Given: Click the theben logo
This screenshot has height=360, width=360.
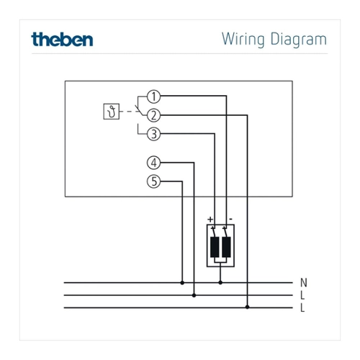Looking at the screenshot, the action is (62, 40).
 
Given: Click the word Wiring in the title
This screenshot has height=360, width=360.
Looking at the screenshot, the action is (243, 40).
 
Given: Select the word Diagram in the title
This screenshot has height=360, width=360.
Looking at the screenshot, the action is (299, 40).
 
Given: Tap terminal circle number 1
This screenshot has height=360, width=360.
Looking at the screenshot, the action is (153, 96).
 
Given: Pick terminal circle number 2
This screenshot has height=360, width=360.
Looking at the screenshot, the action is (153, 115).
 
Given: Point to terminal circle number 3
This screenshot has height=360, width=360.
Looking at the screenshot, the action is (153, 134).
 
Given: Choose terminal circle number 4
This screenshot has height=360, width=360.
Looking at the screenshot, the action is (153, 163).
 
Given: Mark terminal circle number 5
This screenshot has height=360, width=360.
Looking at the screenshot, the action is (153, 181).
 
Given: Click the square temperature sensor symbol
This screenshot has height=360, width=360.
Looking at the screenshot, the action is (112, 112).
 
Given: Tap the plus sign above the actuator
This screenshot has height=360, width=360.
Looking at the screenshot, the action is (210, 219).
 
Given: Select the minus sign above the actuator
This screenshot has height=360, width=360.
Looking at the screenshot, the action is (230, 219).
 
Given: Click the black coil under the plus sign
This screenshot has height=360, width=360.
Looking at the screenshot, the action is (215, 247).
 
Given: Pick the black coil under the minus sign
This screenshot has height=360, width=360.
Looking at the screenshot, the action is (226, 247).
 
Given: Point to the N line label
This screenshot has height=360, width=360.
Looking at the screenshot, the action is (304, 283).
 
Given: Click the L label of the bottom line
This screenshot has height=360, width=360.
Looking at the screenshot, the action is (302, 307).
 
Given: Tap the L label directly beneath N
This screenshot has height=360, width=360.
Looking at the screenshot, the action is (302, 295).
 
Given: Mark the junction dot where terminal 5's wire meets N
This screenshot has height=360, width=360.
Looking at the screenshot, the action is (182, 283).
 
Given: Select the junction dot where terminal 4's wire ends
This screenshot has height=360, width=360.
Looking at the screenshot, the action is (194, 295).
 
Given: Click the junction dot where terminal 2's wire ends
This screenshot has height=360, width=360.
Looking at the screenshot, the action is (248, 307).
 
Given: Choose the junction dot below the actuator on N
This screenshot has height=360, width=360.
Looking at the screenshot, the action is (220, 283).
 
